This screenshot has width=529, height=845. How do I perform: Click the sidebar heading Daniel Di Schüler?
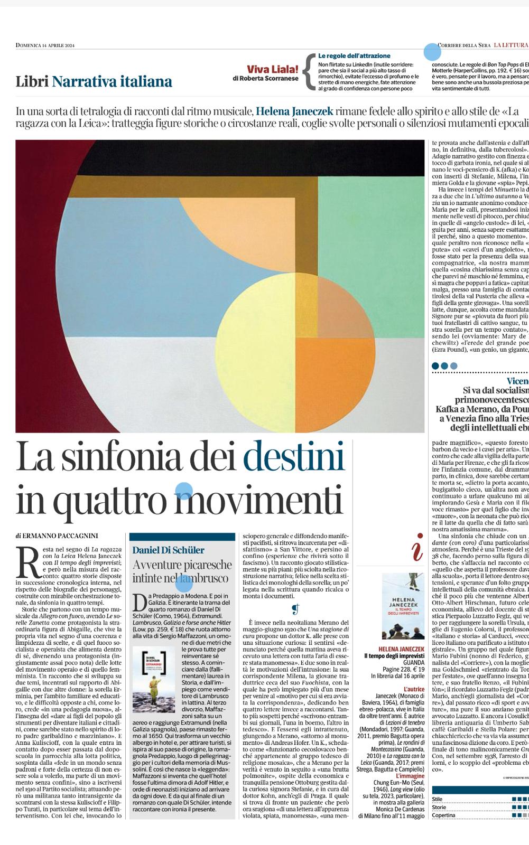click(168, 550)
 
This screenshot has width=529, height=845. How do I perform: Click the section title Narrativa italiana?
click(112, 81)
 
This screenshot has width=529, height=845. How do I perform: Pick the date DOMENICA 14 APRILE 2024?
click(45, 45)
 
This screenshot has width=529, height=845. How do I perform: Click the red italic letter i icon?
click(417, 549)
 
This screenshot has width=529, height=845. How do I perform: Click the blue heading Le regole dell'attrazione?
click(354, 55)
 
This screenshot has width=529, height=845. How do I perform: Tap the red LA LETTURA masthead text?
click(511, 45)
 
